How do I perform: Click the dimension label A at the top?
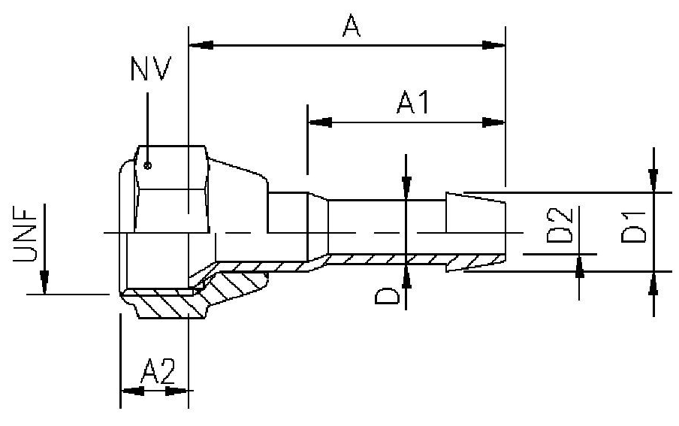(x=349, y=27)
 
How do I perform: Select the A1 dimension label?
(x=412, y=102)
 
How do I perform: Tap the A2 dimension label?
(x=157, y=371)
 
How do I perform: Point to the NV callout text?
(x=150, y=69)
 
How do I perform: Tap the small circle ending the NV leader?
(x=149, y=165)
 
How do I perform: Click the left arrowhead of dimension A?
(x=201, y=45)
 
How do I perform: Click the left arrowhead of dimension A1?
(x=320, y=121)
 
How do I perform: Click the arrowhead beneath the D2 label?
(x=579, y=267)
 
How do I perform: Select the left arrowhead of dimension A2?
(x=132, y=391)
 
